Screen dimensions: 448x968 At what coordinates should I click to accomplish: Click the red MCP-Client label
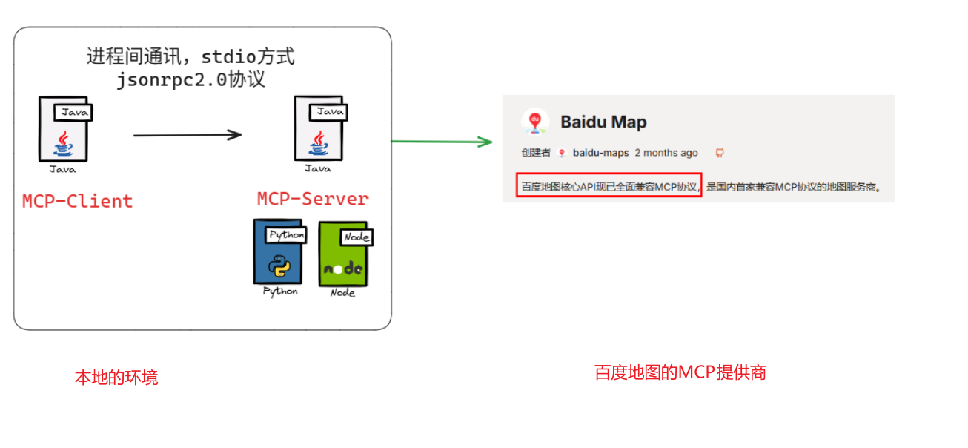click(x=78, y=201)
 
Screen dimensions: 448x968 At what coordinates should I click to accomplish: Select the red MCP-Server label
click(x=313, y=199)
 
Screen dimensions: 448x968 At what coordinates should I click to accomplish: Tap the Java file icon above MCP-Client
click(x=65, y=129)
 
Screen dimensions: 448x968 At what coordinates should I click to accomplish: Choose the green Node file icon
click(x=343, y=254)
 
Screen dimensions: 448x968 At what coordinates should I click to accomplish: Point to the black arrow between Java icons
click(x=188, y=135)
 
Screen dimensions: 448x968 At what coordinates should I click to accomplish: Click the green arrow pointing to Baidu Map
click(x=442, y=141)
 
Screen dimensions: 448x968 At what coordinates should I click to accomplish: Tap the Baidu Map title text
click(x=603, y=122)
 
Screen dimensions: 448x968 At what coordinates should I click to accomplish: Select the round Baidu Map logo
click(x=535, y=122)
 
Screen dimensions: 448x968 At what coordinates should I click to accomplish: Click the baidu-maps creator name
click(x=600, y=153)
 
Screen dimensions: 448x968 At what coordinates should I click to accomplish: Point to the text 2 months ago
click(x=666, y=153)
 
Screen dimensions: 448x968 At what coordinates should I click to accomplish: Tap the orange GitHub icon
click(x=719, y=153)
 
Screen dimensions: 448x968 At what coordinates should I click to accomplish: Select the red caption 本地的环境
click(x=116, y=378)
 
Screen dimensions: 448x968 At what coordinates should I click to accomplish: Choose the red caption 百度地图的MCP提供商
click(x=680, y=372)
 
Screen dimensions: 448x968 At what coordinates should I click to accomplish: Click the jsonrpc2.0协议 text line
click(x=190, y=79)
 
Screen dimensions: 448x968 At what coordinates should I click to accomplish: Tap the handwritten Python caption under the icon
click(x=280, y=291)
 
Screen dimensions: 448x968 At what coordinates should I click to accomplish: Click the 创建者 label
click(x=535, y=153)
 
